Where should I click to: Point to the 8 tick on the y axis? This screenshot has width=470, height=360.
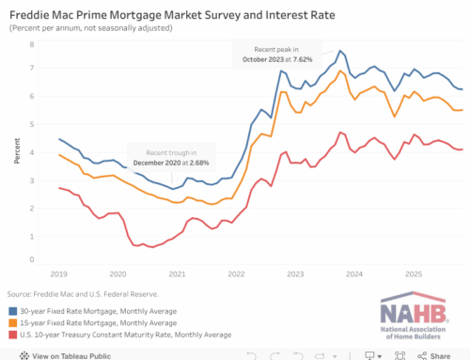33,44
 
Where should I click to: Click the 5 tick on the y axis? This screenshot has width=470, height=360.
33,125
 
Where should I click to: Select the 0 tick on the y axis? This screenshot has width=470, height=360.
33,260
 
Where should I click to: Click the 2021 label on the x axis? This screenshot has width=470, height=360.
176,274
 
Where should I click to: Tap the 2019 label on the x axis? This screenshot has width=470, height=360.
59,274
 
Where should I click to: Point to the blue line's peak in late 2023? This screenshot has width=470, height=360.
340,51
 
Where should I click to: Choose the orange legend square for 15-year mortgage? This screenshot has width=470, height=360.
12,321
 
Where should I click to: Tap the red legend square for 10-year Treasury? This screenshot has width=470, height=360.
12,334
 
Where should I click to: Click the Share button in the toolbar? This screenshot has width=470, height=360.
438,354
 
